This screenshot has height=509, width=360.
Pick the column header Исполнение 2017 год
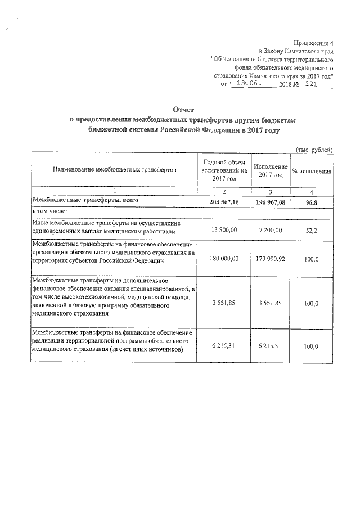[271, 170]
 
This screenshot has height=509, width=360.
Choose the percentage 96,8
[311, 201]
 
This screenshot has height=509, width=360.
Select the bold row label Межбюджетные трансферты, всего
[84, 200]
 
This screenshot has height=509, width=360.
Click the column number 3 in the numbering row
[271, 191]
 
